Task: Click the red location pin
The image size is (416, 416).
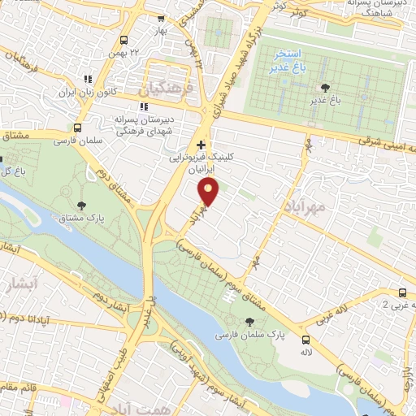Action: point(210,192)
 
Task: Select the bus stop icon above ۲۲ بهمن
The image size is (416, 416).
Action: point(123,41)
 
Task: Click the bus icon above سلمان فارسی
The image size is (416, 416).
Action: point(77,128)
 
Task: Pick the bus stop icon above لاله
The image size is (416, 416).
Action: point(305,340)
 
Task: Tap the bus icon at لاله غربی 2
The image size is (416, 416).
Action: point(402,292)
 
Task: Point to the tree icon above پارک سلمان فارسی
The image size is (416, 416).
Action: point(249,323)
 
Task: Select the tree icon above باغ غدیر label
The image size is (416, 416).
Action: point(326,88)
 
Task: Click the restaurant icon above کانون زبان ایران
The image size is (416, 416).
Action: point(87,79)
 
